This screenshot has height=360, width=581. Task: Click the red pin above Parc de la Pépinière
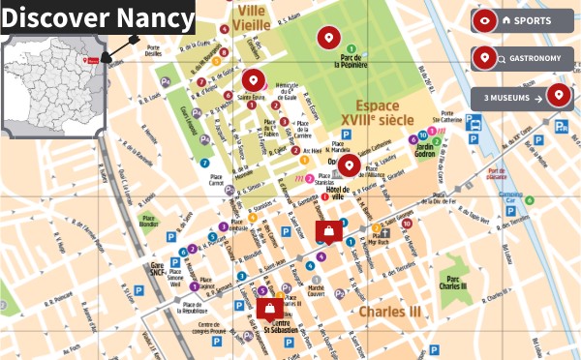(x=328, y=38)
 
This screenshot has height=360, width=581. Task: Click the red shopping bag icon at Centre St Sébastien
(x=268, y=309)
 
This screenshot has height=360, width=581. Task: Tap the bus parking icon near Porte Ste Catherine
(x=474, y=123)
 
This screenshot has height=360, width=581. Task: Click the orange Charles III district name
(x=390, y=313)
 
